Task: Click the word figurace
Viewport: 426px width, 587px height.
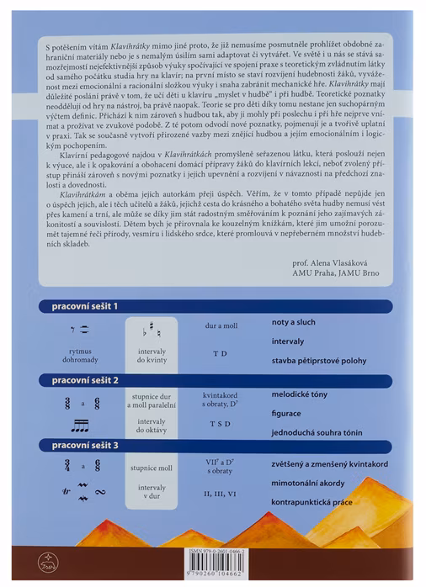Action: point(289,414)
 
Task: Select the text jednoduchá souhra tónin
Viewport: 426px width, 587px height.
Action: point(317,432)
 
